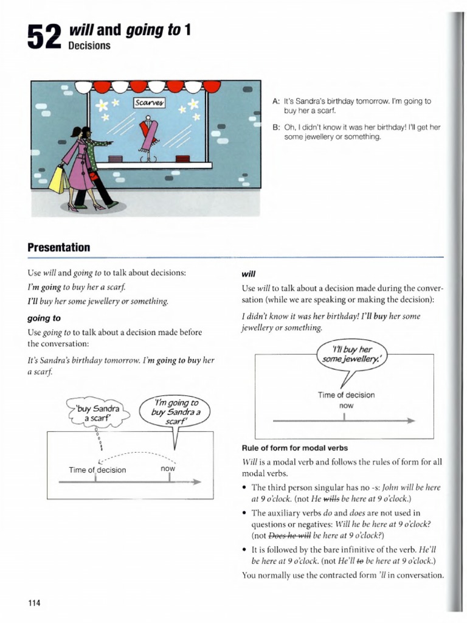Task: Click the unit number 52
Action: point(45,38)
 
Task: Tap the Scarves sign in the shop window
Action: point(149,103)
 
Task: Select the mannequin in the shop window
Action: point(148,139)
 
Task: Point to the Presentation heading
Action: point(58,247)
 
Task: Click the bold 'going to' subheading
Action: point(44,318)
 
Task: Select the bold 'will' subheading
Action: point(248,274)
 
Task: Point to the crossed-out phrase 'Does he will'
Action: point(290,536)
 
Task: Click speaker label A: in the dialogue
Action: point(277,101)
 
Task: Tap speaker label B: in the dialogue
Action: point(277,127)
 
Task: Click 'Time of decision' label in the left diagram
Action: point(97,470)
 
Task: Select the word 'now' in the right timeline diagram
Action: point(345,405)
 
